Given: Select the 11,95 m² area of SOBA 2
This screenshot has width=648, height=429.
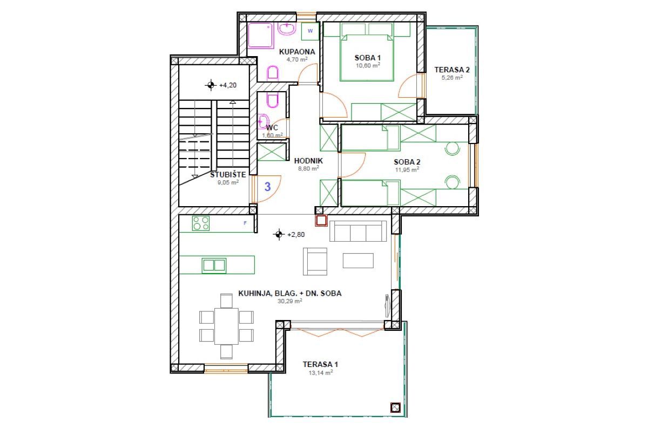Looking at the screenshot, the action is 407,169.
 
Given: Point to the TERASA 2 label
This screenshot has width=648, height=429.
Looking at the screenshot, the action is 452,70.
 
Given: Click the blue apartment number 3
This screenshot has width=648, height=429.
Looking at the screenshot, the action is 268,187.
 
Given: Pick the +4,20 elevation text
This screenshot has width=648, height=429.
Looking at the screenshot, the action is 228,85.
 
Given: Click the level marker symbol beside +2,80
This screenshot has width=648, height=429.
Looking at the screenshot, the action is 279,234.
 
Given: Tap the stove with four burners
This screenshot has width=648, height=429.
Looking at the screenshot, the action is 201,223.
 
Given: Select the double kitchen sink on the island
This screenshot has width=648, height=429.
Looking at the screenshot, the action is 214,265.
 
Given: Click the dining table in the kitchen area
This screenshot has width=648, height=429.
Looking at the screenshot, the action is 226,326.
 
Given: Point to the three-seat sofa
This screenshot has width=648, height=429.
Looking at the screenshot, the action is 358,231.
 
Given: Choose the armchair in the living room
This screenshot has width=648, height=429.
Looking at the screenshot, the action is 315,261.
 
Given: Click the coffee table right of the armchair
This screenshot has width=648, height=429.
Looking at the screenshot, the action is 358,261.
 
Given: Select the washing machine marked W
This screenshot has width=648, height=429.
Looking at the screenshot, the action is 310,31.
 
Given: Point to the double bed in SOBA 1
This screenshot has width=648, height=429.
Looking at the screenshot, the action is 367,58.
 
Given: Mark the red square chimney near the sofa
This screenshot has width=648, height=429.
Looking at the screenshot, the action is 321,221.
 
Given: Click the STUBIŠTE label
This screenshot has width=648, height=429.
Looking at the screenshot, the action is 228,175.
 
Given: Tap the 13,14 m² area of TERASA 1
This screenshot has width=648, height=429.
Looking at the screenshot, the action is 321,373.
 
